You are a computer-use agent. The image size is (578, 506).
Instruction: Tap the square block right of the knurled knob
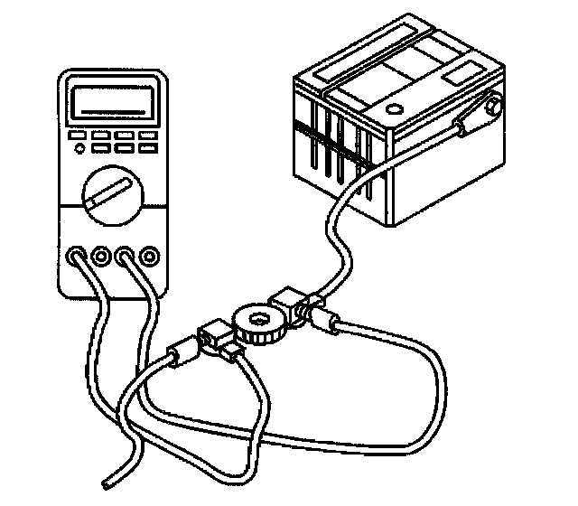287,301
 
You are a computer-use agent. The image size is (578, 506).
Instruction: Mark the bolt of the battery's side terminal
491,108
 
